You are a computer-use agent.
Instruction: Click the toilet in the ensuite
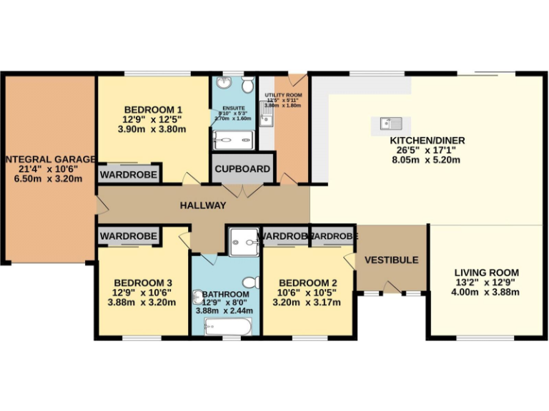coord(247,86)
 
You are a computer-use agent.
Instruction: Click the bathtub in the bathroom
coord(226,327)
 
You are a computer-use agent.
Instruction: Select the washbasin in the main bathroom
coord(198,298)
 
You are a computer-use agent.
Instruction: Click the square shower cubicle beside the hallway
coord(243,241)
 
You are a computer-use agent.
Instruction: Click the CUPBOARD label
coord(243,170)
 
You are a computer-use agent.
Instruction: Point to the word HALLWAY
coord(202,205)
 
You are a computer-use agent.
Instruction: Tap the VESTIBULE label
coord(391,260)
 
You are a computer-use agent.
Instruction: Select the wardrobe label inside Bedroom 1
coord(129,174)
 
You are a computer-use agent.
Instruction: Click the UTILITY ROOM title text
coord(283,95)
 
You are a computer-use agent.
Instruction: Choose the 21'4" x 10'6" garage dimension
coord(49,170)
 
